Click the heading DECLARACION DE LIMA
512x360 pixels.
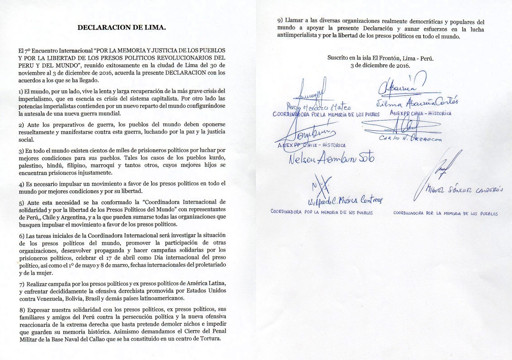[121, 28]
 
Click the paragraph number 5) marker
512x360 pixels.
[21, 202]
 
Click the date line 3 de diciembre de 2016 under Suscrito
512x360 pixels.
[380, 65]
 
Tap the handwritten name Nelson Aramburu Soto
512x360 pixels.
[331, 159]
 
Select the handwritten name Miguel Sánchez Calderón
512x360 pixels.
[464, 190]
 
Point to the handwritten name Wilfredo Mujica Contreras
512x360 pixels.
[345, 201]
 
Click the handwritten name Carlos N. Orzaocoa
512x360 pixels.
[410, 138]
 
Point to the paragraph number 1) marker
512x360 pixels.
[21, 91]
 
